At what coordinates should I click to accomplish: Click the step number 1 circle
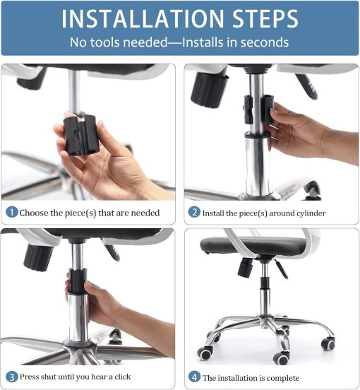[x=12, y=212]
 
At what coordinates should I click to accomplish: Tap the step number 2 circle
[x=194, y=212]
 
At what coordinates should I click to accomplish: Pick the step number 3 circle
[x=12, y=377]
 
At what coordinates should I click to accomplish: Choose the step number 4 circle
[x=194, y=377]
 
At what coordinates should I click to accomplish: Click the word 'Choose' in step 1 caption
[x=36, y=212]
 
